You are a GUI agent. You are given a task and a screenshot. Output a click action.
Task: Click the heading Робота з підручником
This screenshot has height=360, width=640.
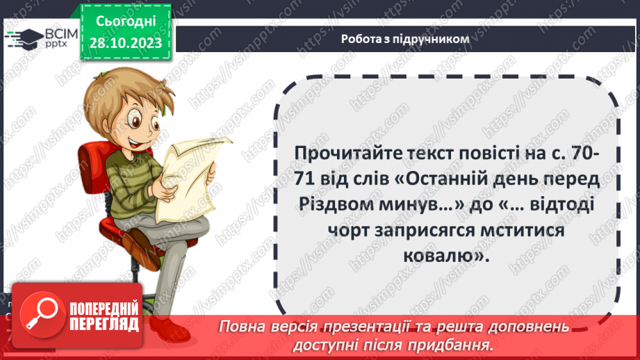pos(405,40)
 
